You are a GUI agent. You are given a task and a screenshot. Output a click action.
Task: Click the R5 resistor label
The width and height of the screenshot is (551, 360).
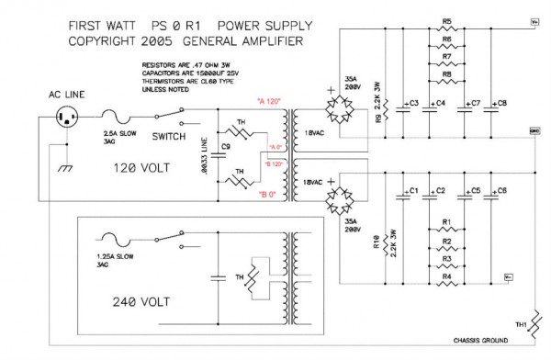446,20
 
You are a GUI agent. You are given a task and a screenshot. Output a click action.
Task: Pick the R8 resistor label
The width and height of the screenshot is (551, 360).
446,73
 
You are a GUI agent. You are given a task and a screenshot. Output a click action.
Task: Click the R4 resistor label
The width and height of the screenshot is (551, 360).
446,276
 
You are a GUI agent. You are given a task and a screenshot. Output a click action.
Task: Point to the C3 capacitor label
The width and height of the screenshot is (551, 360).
412,102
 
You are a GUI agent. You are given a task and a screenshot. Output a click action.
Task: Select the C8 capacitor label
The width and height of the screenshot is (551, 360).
500,102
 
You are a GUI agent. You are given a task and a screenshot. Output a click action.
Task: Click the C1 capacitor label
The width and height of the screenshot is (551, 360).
412,190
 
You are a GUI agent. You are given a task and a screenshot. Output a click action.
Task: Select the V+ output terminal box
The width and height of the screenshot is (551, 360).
534,21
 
